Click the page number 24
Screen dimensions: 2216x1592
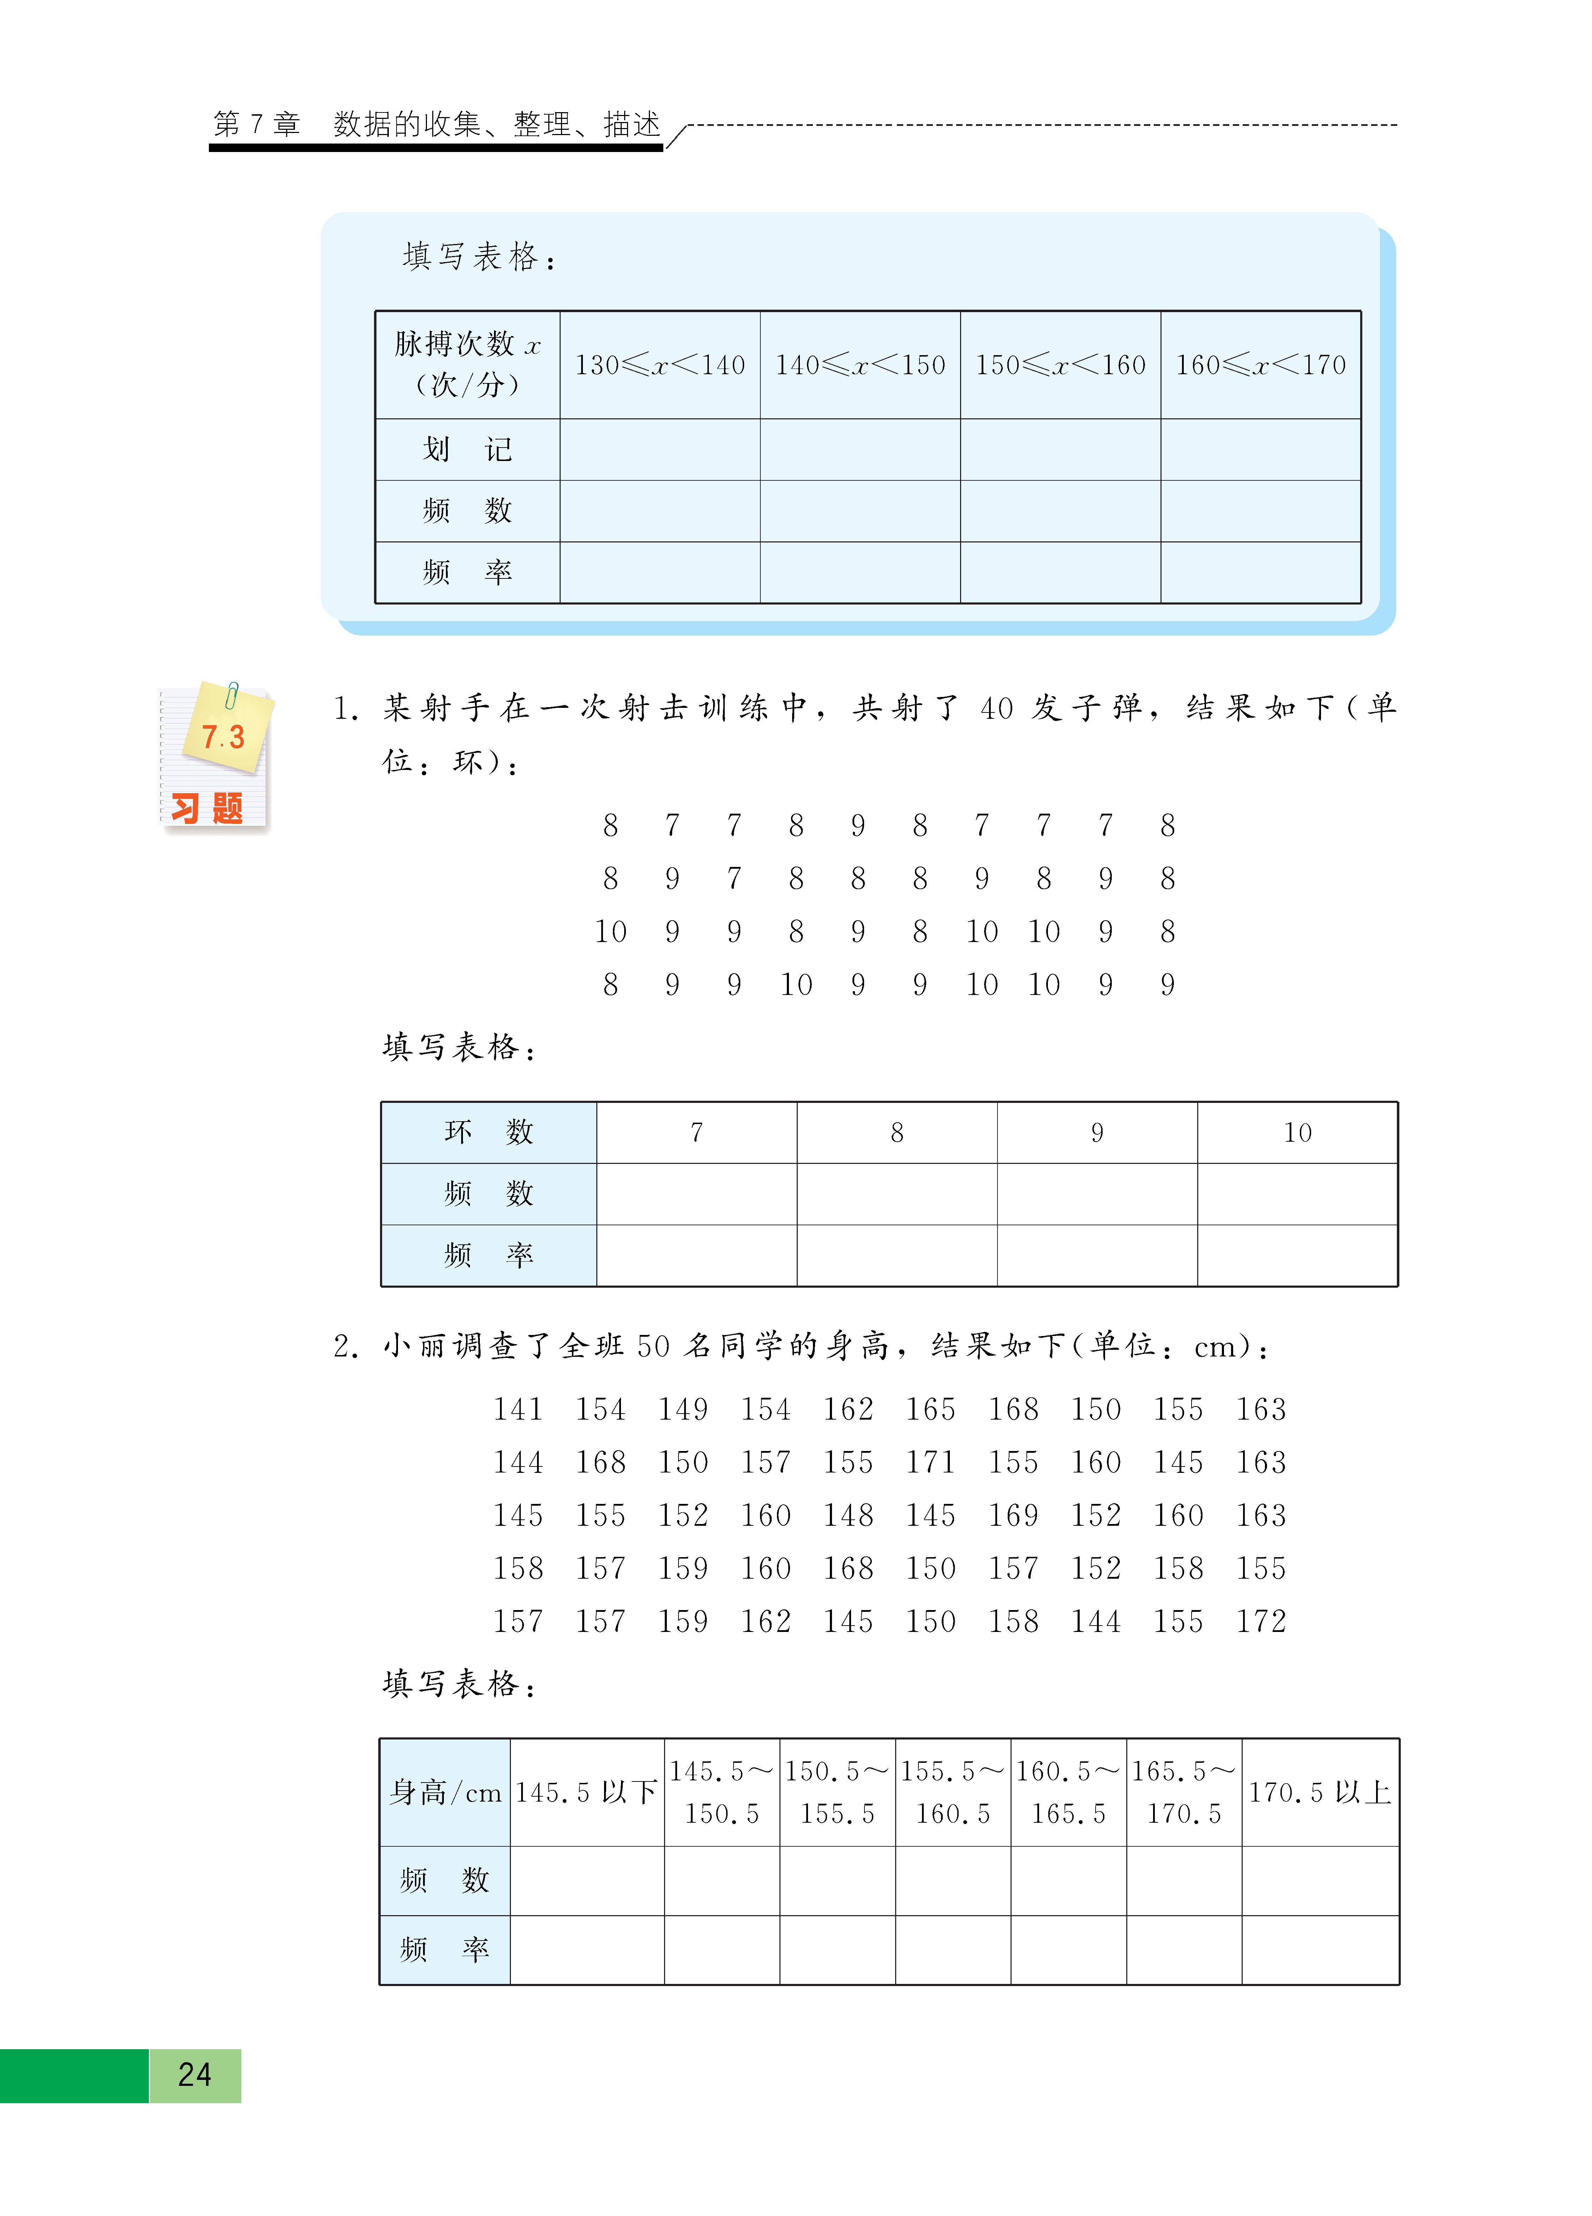[194, 2074]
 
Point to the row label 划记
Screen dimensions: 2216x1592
[467, 449]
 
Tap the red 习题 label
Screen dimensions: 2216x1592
[207, 808]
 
